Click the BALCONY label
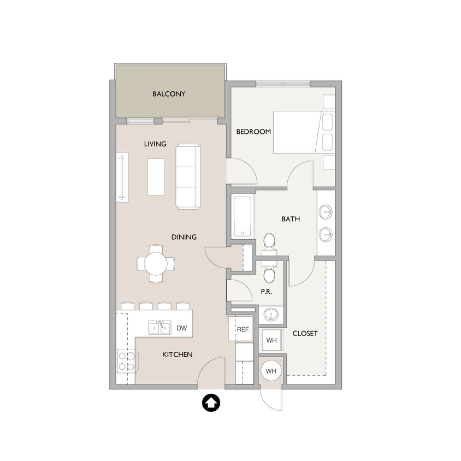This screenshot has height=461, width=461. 169,94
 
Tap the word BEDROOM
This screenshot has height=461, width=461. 253,132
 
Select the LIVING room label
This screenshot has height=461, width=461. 155,144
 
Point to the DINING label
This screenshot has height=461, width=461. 184,237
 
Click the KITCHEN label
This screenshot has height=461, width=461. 178,355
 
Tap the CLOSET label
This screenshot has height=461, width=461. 305,333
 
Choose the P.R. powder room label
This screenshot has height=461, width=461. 267,292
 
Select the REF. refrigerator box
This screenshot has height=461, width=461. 243,329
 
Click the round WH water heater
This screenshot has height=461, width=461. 271,371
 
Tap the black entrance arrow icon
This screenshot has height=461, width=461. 211,404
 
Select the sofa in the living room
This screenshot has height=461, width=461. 187,176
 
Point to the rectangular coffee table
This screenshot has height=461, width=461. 156,176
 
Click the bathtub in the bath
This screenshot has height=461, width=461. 243,216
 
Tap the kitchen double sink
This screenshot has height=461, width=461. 158,328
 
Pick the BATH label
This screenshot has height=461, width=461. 291,220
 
